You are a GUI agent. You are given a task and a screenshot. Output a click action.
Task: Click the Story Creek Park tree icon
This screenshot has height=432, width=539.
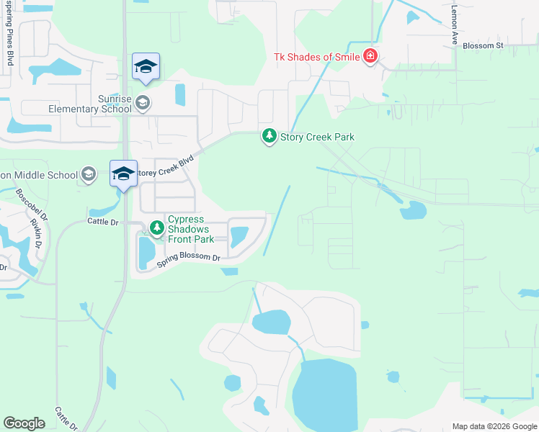[x=269, y=136]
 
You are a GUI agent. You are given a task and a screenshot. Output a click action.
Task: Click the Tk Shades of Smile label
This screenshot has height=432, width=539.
[x=317, y=58]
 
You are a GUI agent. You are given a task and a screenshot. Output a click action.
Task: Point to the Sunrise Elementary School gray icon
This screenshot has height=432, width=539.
[x=143, y=102]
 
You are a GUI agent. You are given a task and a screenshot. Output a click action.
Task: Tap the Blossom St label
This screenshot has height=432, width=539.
[x=483, y=45]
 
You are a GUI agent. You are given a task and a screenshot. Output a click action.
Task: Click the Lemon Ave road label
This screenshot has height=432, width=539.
[x=455, y=25]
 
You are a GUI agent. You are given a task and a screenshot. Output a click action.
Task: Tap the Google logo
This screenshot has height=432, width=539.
[x=24, y=423]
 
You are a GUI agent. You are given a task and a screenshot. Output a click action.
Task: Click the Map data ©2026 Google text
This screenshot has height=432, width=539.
[x=494, y=426]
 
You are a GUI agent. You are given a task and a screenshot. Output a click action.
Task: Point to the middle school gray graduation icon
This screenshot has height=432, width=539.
[x=88, y=174]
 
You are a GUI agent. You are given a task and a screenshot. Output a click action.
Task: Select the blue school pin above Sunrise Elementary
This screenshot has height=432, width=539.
[x=146, y=68]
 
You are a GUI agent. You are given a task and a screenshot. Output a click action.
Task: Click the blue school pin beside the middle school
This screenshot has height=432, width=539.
[x=123, y=174]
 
